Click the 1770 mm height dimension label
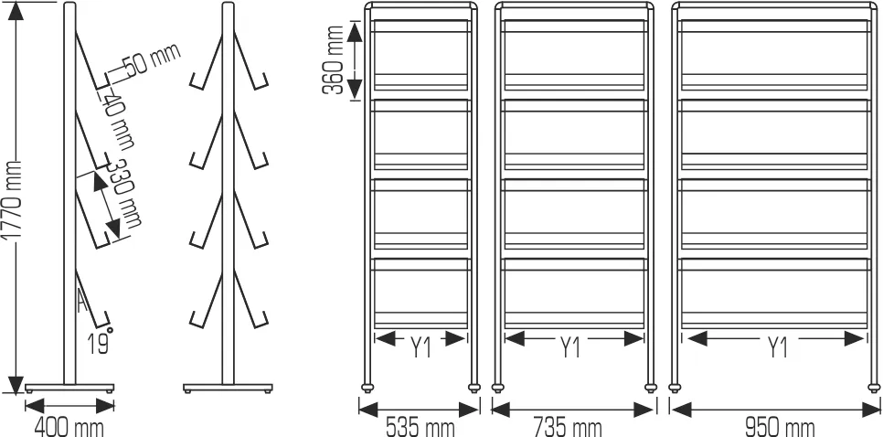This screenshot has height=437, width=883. (11, 200)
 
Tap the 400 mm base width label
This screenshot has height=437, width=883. (69, 426)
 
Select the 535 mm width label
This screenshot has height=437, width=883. (420, 426)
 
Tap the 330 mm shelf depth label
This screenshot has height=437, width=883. (124, 195)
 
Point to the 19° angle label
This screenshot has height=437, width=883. (100, 343)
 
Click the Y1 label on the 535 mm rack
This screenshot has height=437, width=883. (421, 346)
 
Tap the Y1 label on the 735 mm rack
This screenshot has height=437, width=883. (571, 347)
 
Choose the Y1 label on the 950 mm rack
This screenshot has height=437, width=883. (777, 347)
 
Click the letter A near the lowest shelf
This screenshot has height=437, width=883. (82, 302)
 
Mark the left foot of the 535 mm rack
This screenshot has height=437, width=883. (368, 386)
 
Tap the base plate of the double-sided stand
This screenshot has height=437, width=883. (229, 386)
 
